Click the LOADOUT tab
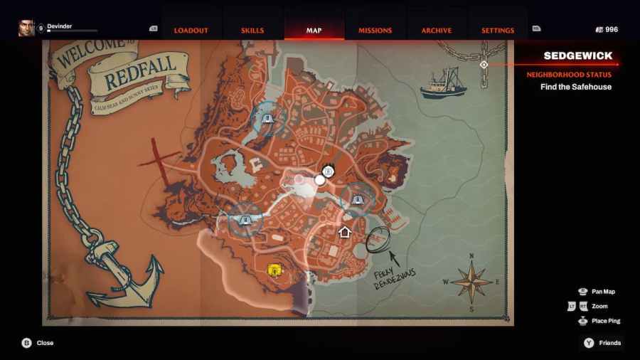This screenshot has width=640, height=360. (191, 31)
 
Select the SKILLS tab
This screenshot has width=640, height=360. (252, 31)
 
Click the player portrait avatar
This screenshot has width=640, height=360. (26, 28)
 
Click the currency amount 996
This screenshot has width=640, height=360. (612, 30)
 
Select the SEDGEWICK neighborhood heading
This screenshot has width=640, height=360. (578, 55)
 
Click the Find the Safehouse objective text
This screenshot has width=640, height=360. (576, 87)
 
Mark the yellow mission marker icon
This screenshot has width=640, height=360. (273, 270)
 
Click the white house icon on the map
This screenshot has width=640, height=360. (345, 232)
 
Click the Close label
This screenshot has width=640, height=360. (45, 343)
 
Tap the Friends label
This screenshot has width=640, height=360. (609, 343)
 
